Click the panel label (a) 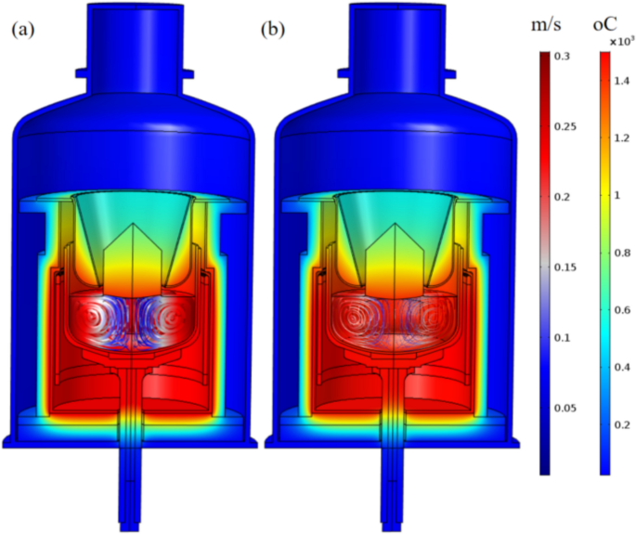pyautogui.click(x=23, y=31)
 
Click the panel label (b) pyautogui.click(x=273, y=31)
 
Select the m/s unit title pyautogui.click(x=546, y=25)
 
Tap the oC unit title pyautogui.click(x=604, y=25)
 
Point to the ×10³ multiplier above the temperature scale pyautogui.click(x=622, y=42)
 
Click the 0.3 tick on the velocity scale pyautogui.click(x=562, y=57)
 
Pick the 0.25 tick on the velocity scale pyautogui.click(x=565, y=127)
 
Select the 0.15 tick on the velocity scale pyautogui.click(x=565, y=267)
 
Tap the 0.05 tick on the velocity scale pyautogui.click(x=565, y=409)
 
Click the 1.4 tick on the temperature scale pyautogui.click(x=622, y=81)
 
